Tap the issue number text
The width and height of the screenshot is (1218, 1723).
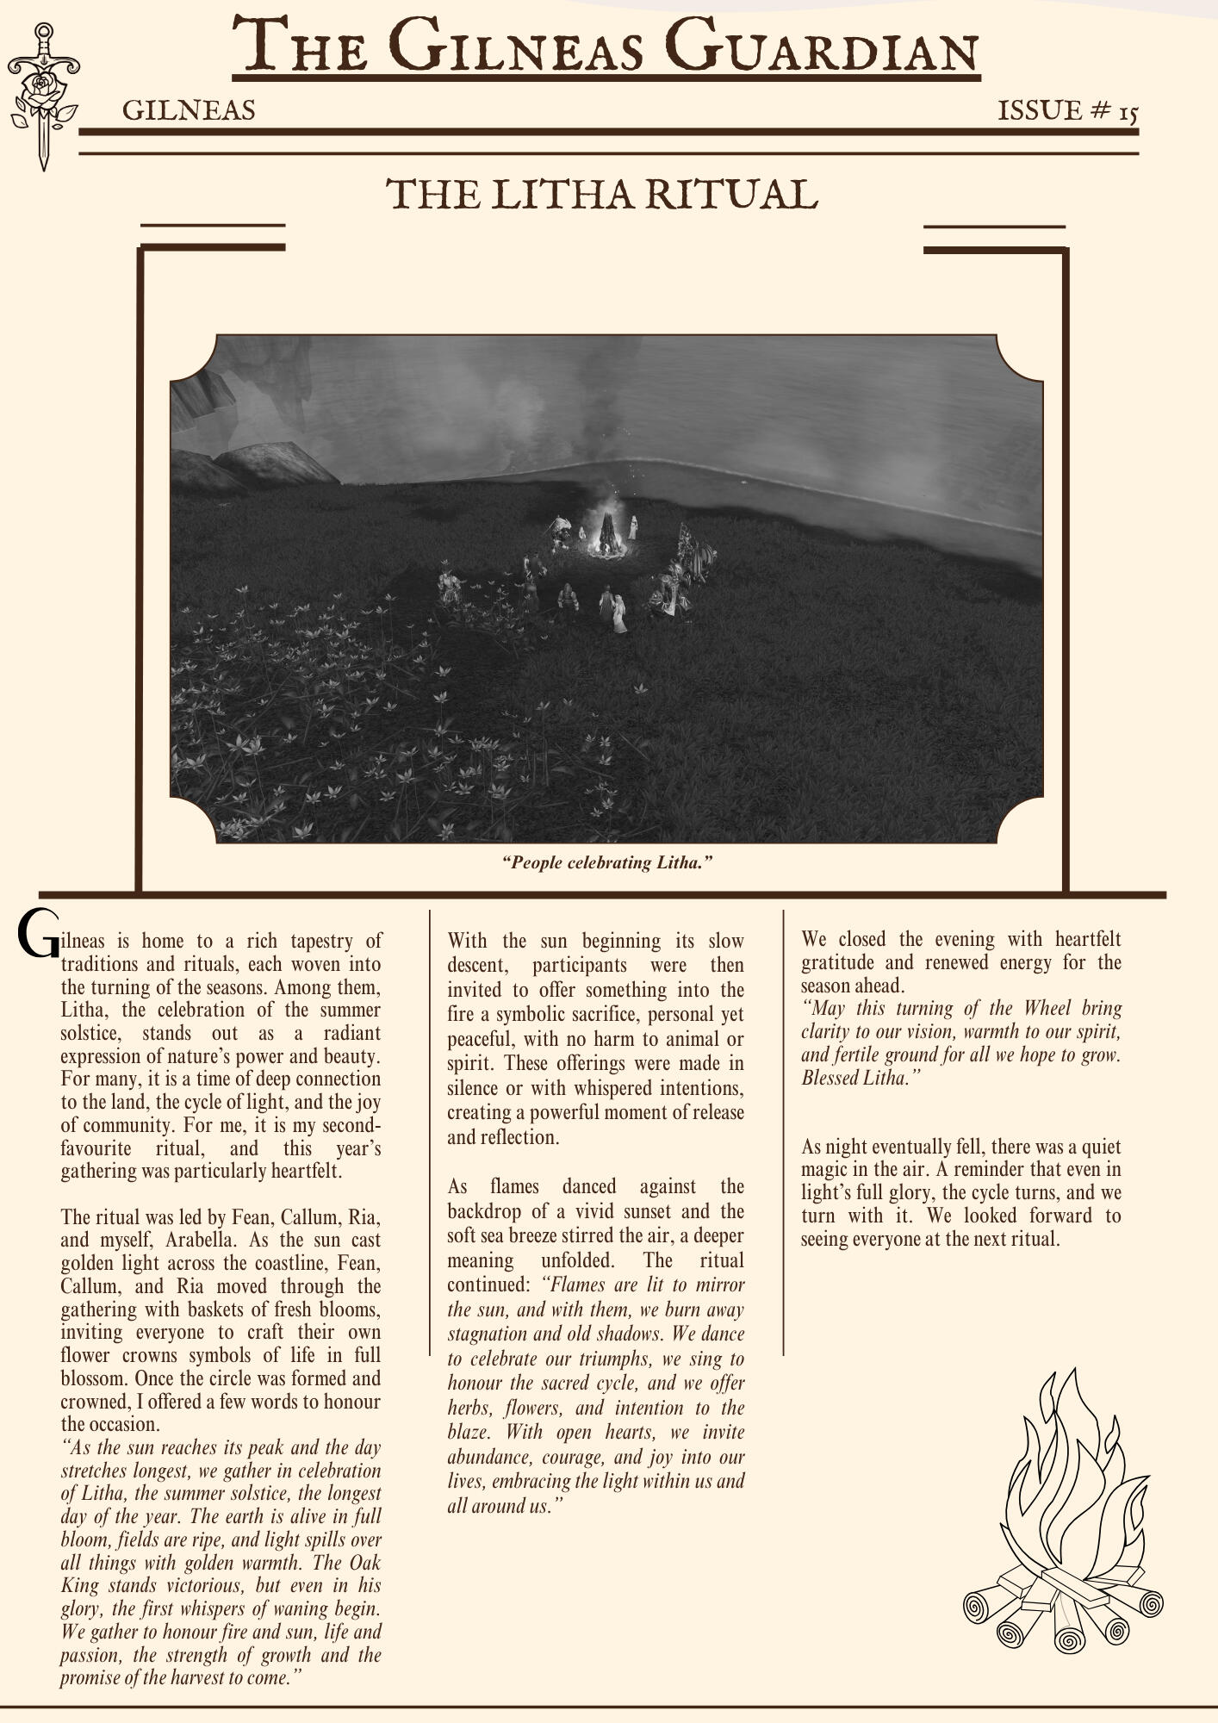[x=1067, y=111]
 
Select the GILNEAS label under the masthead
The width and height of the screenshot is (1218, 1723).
[x=189, y=111]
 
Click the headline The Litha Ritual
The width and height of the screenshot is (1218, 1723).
[x=601, y=195]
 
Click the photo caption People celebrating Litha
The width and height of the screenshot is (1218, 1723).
[x=608, y=862]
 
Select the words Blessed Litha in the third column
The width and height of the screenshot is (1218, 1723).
[x=855, y=1079]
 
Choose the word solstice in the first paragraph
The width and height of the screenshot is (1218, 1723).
[x=90, y=1033]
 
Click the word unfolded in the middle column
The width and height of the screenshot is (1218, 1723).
[x=577, y=1260]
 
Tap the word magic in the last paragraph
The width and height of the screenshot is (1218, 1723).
[x=826, y=1170]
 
